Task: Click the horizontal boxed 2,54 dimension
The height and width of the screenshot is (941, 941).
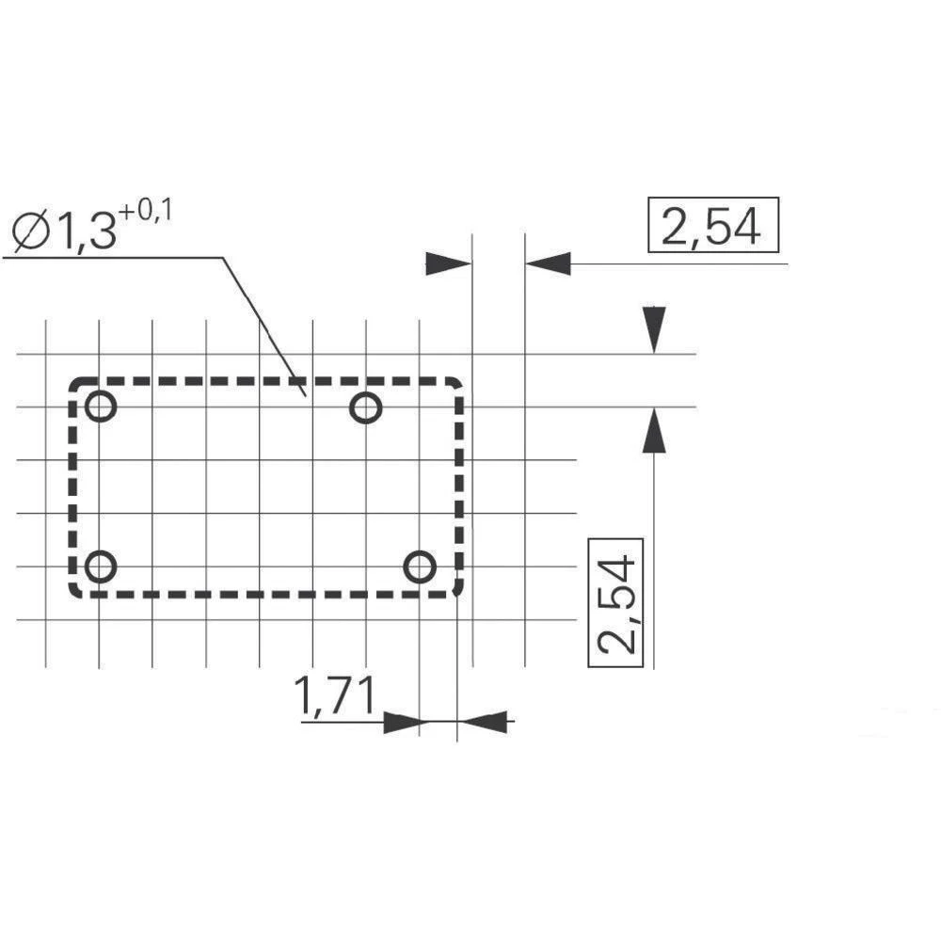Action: [713, 225]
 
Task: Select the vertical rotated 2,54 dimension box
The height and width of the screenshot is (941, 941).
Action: [615, 602]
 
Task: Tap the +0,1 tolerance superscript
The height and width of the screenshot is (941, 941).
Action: [145, 213]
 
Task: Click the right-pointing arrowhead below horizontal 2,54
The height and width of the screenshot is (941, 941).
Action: [448, 263]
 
